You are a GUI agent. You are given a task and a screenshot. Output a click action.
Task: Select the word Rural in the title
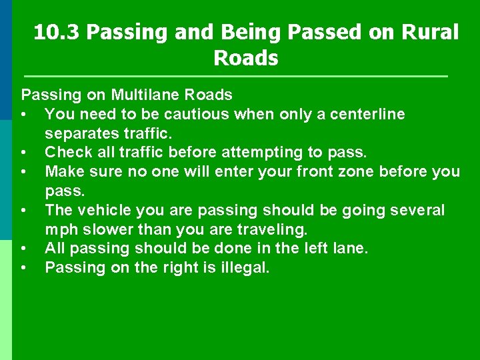click(427, 32)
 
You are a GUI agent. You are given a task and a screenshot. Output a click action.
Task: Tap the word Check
click(67, 153)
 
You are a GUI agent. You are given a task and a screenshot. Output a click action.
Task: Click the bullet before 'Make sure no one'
click(24, 172)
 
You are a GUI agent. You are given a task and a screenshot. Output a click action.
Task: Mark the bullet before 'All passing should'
click(24, 249)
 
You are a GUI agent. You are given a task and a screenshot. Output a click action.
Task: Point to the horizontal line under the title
click(235, 77)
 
